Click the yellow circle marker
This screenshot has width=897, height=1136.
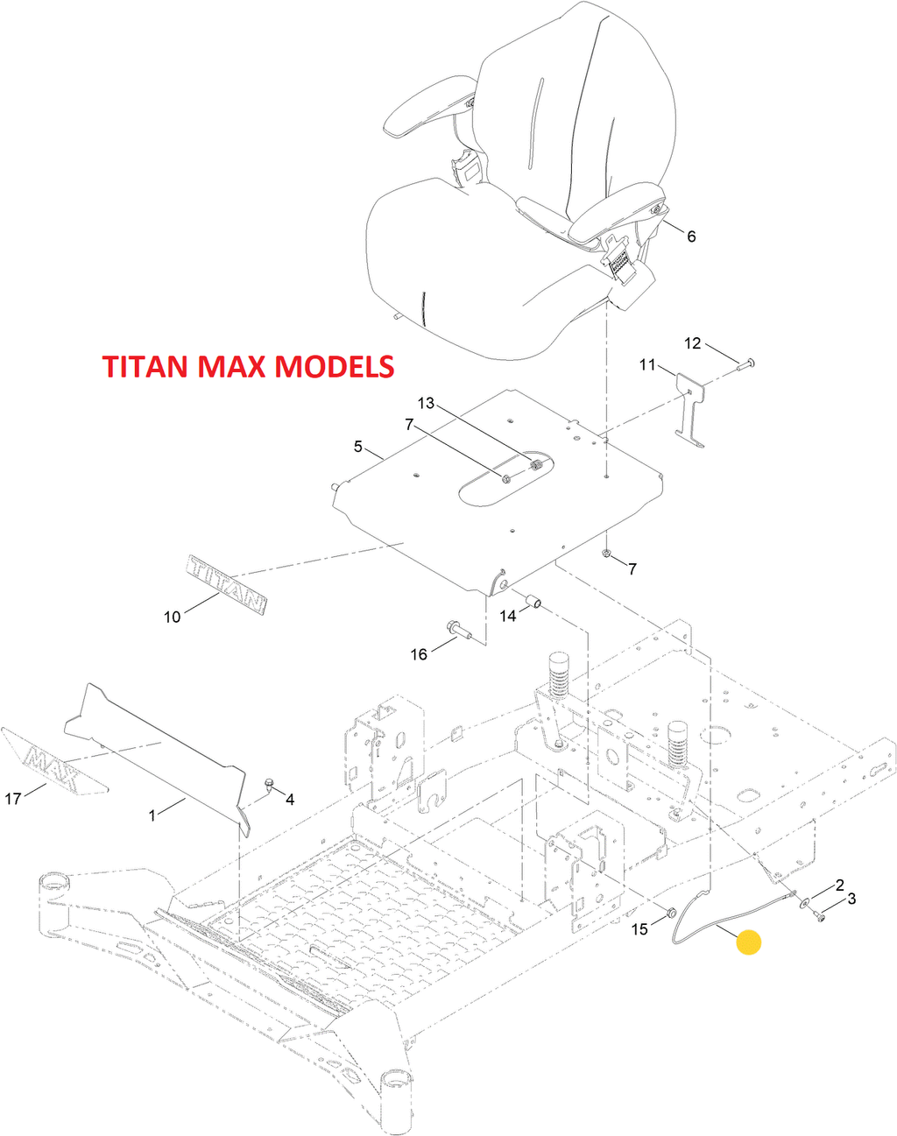pos(748,942)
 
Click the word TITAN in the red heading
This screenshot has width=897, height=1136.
pos(146,366)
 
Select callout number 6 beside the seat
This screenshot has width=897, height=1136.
pos(691,236)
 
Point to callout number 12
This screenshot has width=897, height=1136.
pos(692,343)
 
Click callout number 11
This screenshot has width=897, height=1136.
pos(646,364)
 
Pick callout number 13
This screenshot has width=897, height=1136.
pos(426,403)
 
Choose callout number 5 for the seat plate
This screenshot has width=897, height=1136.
pos(358,447)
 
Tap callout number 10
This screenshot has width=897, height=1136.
pos(172,617)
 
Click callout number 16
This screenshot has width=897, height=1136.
pos(419,654)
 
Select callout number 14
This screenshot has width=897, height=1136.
pos(508,616)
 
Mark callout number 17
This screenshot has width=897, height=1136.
pos(12,799)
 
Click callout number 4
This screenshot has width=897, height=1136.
pos(290,800)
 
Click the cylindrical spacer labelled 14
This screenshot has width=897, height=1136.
pos(533,601)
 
